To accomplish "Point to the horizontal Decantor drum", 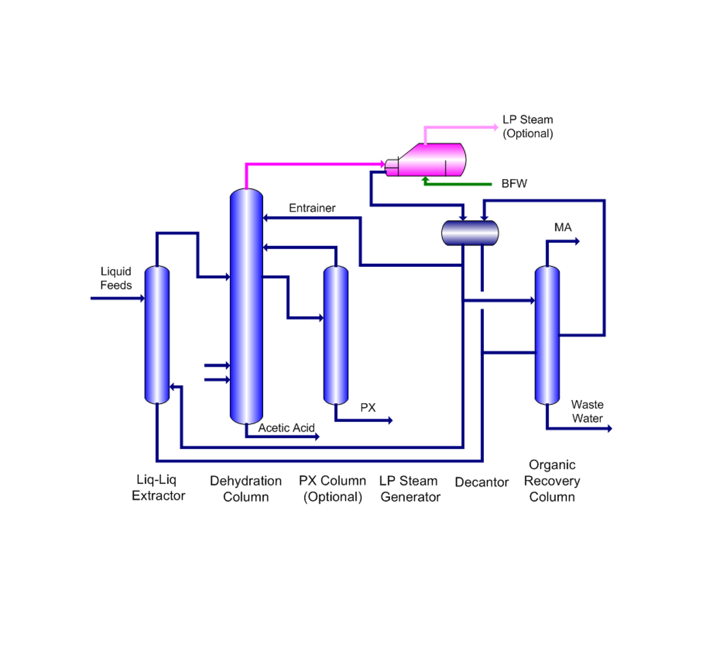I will click(470, 233).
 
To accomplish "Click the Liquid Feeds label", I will click(116, 278).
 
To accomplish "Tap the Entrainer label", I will click(312, 208).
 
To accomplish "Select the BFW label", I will click(514, 184).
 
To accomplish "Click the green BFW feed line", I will click(461, 184).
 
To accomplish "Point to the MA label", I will click(563, 228).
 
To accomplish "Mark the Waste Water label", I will click(587, 411).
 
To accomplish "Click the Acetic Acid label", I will click(286, 428).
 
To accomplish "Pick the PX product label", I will click(368, 408).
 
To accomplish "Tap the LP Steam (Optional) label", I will click(528, 126).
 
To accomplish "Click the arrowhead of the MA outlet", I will click(577, 241).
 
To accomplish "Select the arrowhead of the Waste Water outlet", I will click(610, 428).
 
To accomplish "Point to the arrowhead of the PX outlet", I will click(390, 420).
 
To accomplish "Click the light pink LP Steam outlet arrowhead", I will click(495, 127).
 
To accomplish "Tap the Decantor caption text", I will click(482, 482).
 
